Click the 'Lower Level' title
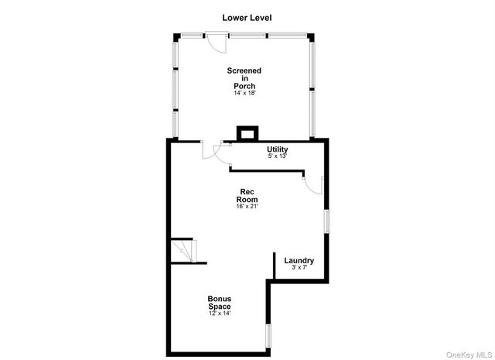click(247, 17)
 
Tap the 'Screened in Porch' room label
click(244, 78)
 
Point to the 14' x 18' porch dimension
click(244, 93)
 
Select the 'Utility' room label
click(277, 149)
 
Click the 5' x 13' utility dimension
click(277, 156)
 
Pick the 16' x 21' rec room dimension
click(247, 206)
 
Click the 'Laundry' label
click(299, 260)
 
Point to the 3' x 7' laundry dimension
click(299, 268)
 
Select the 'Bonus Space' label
click(219, 303)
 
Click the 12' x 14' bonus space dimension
click(219, 314)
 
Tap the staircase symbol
click(184, 250)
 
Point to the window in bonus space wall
click(269, 334)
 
